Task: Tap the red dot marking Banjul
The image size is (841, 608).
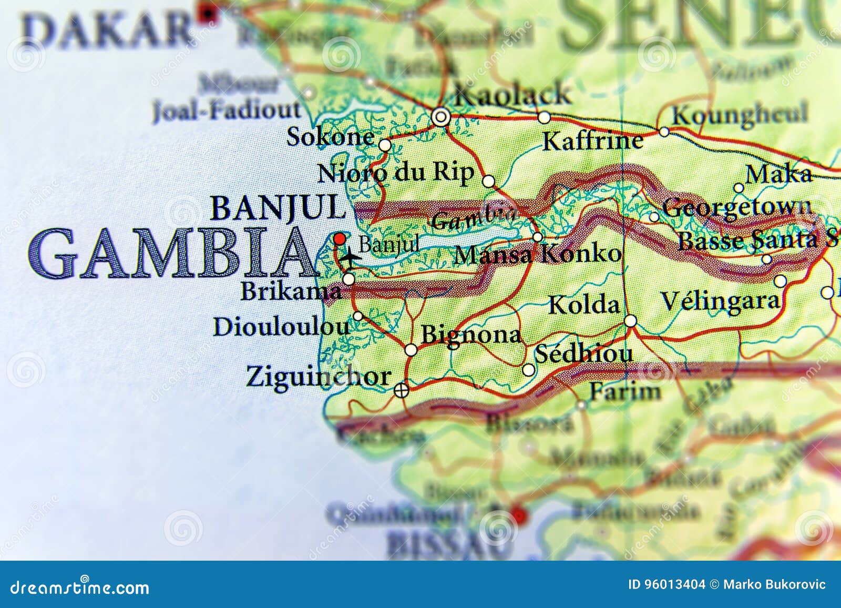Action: point(340,238)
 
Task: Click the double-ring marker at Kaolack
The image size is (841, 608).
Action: point(440,117)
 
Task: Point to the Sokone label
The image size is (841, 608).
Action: point(331,137)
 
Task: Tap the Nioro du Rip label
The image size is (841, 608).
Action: point(396,173)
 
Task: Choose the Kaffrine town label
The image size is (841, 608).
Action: point(592,141)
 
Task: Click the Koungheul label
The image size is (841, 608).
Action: point(740,114)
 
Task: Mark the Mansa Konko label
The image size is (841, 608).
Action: point(538,255)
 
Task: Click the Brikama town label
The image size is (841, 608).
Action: point(291,291)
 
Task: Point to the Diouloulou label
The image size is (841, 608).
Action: point(281,327)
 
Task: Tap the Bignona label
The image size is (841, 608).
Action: point(471,335)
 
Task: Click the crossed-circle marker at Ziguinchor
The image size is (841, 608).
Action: point(401,390)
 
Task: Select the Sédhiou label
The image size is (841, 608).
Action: point(583,354)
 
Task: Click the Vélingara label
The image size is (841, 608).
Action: point(720,301)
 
